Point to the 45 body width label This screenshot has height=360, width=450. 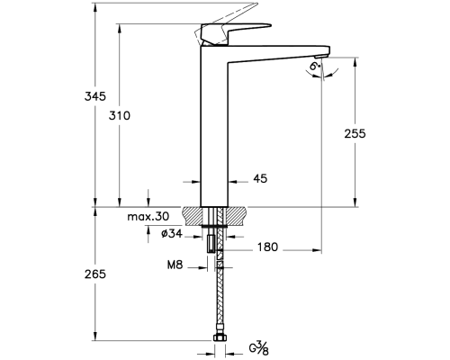260,179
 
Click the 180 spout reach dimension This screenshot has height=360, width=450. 267,247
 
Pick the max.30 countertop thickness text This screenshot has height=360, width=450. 148,217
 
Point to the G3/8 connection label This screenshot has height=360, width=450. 261,346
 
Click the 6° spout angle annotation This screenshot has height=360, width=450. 315,67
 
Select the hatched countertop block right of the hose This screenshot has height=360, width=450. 237,215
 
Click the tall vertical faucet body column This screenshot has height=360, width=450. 214,126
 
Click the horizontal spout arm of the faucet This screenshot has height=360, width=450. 279,51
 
